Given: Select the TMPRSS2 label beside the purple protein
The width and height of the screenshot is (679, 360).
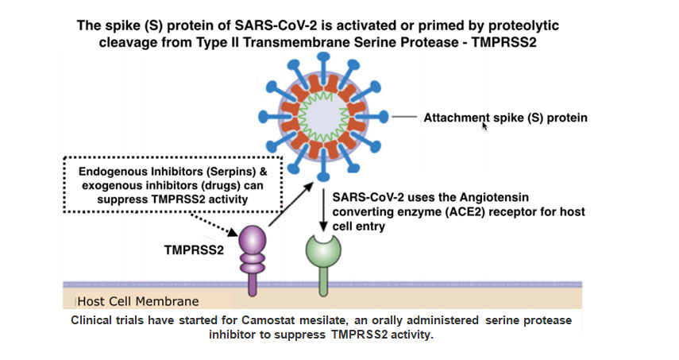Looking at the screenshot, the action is coord(194,250).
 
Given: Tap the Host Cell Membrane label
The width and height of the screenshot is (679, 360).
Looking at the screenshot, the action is coord(138,301).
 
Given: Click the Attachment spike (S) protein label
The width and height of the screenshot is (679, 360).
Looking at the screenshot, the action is coord(505,118).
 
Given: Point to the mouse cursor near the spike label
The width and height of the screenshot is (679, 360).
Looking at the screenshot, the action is coord(484,126).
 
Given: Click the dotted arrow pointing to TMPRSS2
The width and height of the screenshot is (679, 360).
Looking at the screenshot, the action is coord(214,225).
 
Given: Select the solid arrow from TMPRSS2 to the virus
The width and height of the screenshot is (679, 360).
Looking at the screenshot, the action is coord(291,204).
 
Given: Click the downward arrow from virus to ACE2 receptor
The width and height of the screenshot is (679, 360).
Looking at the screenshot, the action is coord(323,210).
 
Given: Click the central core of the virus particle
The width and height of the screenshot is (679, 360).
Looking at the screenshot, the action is coord(323,117).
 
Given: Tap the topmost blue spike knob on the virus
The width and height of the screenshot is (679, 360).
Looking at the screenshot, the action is coord(323,56).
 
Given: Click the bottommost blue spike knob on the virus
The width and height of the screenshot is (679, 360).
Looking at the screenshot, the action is coord(323,176).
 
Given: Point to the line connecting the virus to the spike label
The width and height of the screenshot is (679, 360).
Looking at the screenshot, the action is coord(404,117).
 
